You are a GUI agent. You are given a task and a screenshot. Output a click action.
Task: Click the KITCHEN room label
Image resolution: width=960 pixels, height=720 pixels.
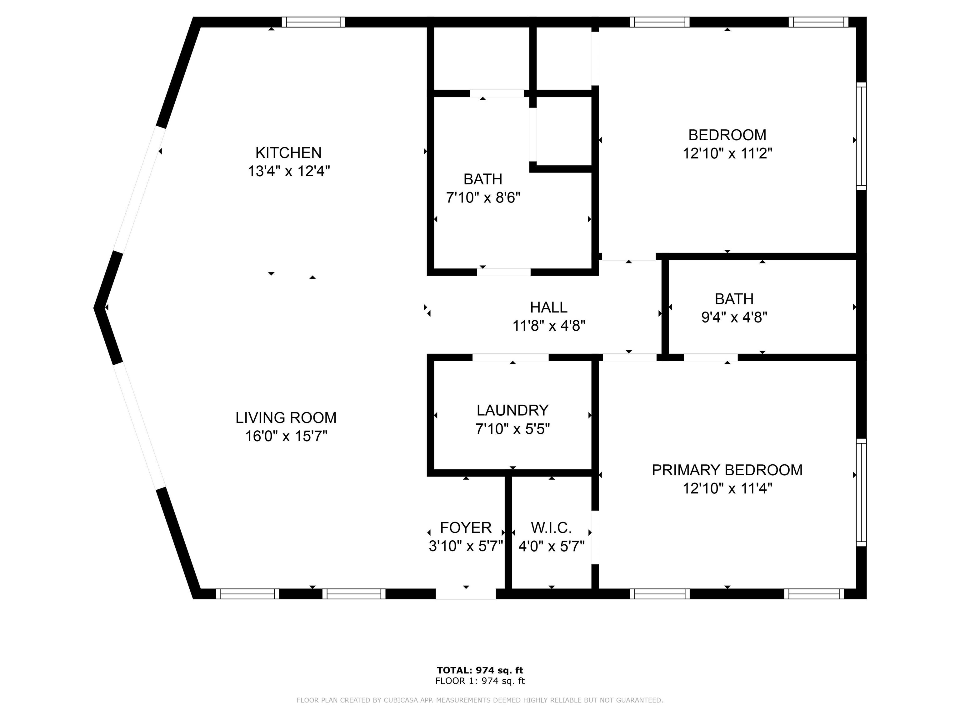pyautogui.click(x=288, y=153)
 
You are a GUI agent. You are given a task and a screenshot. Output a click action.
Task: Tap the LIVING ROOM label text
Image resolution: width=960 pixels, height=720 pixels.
pyautogui.click(x=286, y=417)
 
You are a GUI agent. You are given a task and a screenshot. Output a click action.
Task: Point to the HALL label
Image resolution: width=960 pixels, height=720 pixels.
pyautogui.click(x=548, y=307)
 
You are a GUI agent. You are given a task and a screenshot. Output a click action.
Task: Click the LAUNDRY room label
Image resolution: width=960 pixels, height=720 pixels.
pyautogui.click(x=512, y=410)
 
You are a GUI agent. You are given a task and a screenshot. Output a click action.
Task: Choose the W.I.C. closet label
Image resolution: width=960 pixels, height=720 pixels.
pyautogui.click(x=551, y=528)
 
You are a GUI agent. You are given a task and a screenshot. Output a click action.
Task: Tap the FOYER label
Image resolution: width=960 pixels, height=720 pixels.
pyautogui.click(x=466, y=528)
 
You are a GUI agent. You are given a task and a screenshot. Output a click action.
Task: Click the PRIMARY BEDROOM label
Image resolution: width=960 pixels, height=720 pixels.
pyautogui.click(x=727, y=470)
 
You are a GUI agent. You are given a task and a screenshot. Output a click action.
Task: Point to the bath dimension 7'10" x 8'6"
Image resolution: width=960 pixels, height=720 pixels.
pyautogui.click(x=483, y=198)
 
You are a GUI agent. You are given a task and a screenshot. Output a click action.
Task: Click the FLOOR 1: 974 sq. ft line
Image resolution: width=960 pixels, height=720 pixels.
pyautogui.click(x=480, y=681)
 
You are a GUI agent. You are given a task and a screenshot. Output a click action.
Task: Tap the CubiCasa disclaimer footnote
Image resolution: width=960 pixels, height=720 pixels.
pyautogui.click(x=480, y=700)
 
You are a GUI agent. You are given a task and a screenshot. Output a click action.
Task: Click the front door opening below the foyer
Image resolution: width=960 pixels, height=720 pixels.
pyautogui.click(x=466, y=594)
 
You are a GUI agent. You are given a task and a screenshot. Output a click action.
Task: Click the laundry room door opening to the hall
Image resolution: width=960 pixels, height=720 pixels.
pyautogui.click(x=510, y=357)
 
